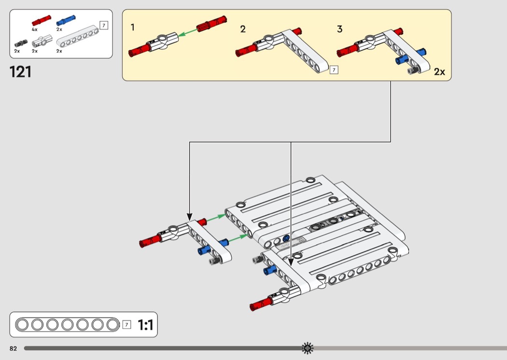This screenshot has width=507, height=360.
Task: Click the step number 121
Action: tap(20, 71)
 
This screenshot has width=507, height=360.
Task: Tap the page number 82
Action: tap(13, 348)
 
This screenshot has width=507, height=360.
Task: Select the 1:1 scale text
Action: tap(145, 325)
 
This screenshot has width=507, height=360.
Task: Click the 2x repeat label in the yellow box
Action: tap(439, 72)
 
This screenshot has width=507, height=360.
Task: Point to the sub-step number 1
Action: tap(133, 28)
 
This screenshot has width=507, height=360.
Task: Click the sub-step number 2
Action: tap(243, 29)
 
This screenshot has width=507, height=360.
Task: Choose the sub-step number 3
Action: tap(340, 29)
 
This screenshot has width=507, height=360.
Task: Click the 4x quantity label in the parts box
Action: tap(34, 29)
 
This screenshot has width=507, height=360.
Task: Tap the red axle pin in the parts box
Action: tap(42, 20)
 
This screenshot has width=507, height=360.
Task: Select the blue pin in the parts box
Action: tap(66, 20)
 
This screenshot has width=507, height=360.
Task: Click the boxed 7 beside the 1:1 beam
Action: tap(127, 324)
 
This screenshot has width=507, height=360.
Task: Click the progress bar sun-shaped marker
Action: tap(308, 347)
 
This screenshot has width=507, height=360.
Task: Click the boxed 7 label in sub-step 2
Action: tap(333, 70)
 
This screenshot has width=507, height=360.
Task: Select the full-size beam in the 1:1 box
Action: tap(67, 324)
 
